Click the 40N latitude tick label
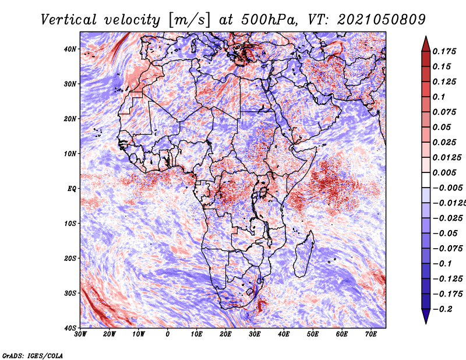tap(70, 49)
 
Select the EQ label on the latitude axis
tap(72, 189)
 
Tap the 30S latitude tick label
tap(70, 294)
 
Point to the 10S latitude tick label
tap(70, 224)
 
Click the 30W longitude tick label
tap(80, 334)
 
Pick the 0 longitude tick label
tap(168, 334)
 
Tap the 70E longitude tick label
tap(371, 334)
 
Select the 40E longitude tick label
tap(284, 334)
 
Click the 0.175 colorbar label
tap(444, 51)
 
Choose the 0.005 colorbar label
tap(444, 172)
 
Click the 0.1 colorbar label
tap(439, 97)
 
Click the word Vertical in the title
tap(69, 20)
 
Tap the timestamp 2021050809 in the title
tap(382, 20)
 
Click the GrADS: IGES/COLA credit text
tap(33, 356)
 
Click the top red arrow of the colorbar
tap(426, 44)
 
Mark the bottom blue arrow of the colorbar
tap(426, 316)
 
